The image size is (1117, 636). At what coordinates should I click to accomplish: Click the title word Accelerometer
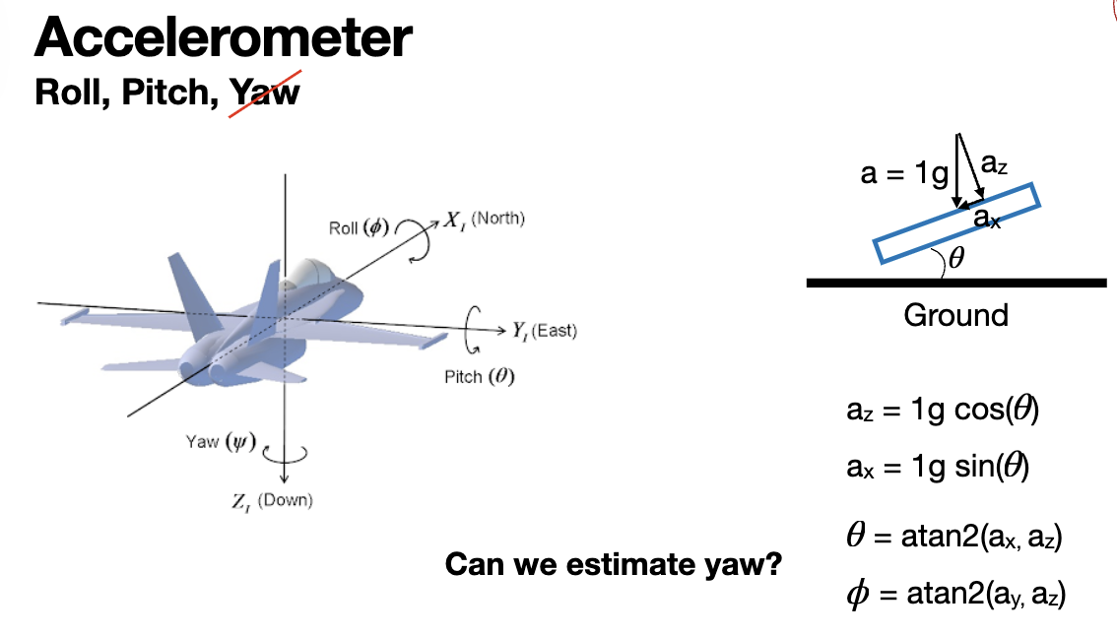pyautogui.click(x=224, y=39)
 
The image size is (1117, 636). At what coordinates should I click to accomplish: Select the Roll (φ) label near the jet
pyautogui.click(x=360, y=227)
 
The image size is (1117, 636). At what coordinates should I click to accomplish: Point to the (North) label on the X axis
pyautogui.click(x=497, y=219)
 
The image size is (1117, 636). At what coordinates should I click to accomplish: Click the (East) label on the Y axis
pyautogui.click(x=555, y=331)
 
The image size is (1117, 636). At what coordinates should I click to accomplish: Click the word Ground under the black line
pyautogui.click(x=955, y=315)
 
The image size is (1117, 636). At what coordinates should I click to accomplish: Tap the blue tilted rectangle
pyautogui.click(x=955, y=223)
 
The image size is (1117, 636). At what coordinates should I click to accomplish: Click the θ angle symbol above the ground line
pyautogui.click(x=954, y=260)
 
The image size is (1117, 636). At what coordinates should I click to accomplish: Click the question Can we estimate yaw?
pyautogui.click(x=614, y=565)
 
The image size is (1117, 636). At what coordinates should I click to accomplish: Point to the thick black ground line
pyautogui.click(x=955, y=284)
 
